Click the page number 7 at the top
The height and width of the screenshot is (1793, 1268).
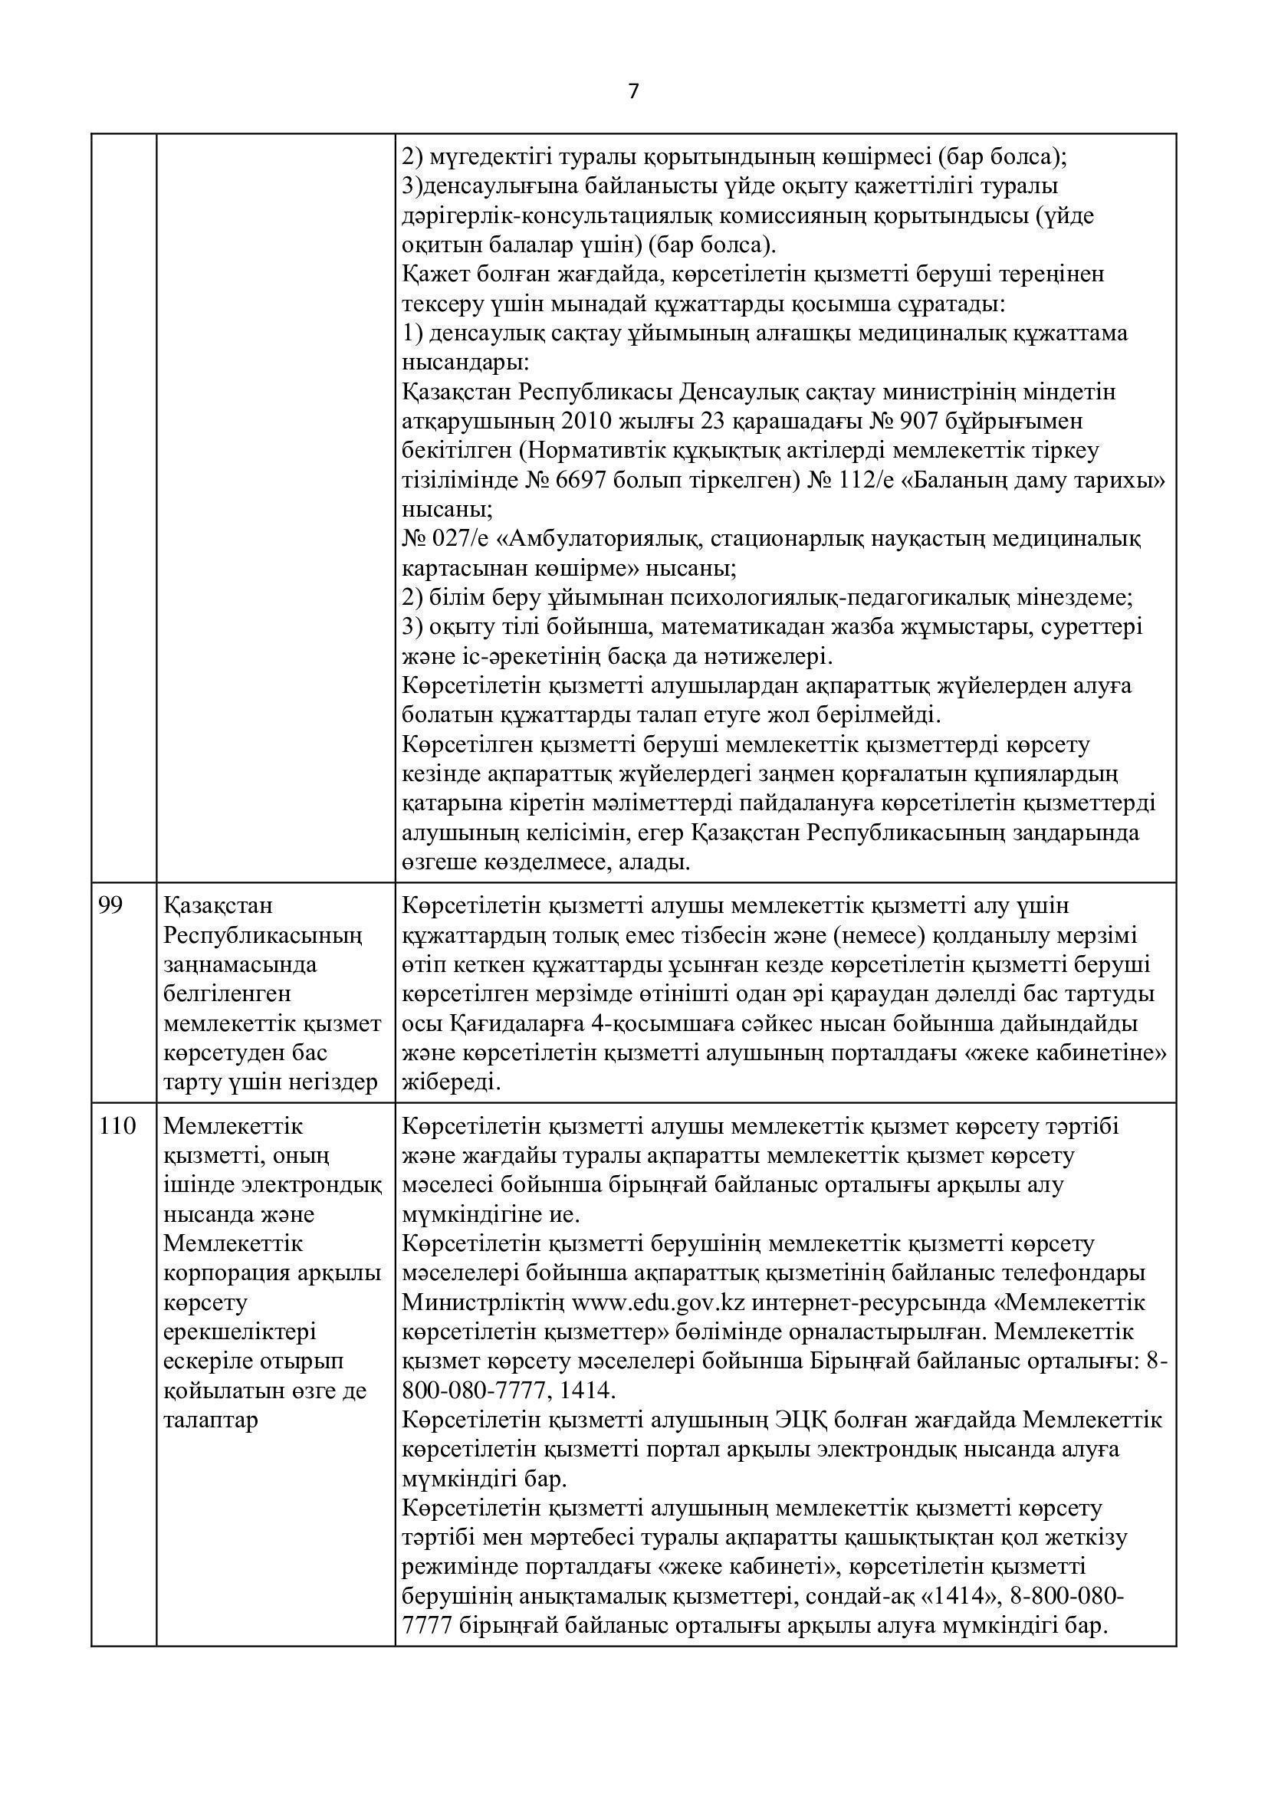(633, 92)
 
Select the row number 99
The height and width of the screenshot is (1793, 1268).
(111, 906)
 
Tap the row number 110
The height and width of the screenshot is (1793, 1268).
(117, 1126)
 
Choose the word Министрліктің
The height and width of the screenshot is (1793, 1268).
(483, 1302)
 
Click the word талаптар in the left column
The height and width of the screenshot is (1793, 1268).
(210, 1420)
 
